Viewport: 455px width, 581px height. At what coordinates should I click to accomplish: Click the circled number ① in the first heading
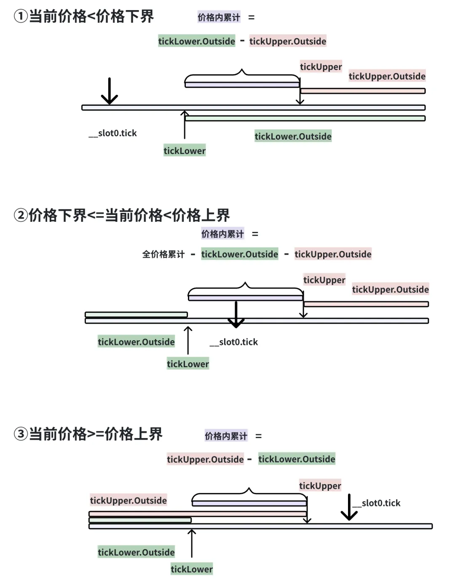point(20,16)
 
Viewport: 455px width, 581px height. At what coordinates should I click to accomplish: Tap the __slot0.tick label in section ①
point(112,133)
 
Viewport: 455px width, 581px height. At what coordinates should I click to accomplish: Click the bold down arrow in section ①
point(109,91)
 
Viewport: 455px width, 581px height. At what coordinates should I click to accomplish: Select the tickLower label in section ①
point(185,151)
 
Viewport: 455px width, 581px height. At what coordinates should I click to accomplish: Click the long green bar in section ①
point(305,118)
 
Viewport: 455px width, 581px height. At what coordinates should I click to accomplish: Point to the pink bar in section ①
point(363,91)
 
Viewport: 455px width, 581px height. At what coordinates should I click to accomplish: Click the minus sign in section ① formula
point(242,41)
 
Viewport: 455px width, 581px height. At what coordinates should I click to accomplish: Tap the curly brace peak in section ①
point(242,70)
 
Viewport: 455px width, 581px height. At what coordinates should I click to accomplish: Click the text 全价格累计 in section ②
point(163,254)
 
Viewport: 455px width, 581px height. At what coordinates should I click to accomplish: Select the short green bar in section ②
point(136,315)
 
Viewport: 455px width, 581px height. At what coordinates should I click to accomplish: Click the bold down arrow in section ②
point(236,315)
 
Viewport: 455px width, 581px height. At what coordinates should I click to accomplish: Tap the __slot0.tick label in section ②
point(234,342)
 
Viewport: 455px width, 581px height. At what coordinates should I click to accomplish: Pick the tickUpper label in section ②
point(324,280)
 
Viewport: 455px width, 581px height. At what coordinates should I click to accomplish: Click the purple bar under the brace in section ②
point(246,298)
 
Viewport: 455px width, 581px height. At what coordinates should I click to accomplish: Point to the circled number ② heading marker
point(20,215)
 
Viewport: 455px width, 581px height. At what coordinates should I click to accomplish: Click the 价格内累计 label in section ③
point(226,436)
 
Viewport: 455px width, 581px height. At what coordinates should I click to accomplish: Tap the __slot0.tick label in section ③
point(377,503)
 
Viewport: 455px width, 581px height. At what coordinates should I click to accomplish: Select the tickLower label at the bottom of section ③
point(192,569)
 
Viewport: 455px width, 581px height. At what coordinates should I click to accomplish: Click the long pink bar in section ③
point(198,514)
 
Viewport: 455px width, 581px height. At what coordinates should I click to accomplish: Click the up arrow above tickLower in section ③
point(192,543)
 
